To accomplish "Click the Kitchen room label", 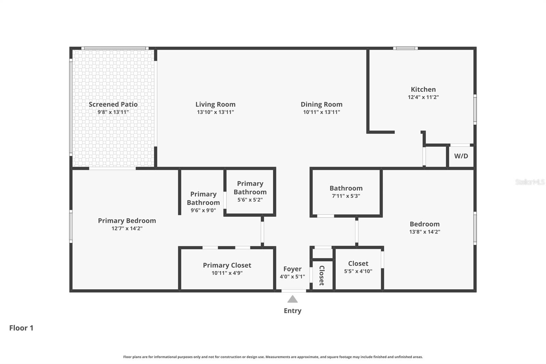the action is tap(423, 89).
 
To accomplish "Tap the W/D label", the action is tap(461, 156).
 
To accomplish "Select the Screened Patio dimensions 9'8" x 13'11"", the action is tap(113, 112).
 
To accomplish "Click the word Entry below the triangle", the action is tap(292, 311).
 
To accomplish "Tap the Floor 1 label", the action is tap(21, 328).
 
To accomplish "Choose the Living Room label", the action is tap(215, 104).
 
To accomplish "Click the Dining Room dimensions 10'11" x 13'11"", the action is tap(321, 112).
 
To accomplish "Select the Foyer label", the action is tap(292, 269).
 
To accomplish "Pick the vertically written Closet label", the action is tap(322, 276).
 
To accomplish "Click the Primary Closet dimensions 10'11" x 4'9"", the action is tap(227, 273).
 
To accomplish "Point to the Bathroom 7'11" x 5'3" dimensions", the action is tap(346, 196).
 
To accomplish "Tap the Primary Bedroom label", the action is tap(127, 221).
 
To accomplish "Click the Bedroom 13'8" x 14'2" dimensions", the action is tap(425, 232).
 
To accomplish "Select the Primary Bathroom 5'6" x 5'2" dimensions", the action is tap(250, 200).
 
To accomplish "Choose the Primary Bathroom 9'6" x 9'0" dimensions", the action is tap(203, 210).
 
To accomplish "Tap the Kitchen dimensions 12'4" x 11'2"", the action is tap(423, 97).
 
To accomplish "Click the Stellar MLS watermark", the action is tap(530, 182).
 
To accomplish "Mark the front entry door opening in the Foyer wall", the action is tap(294, 291).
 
